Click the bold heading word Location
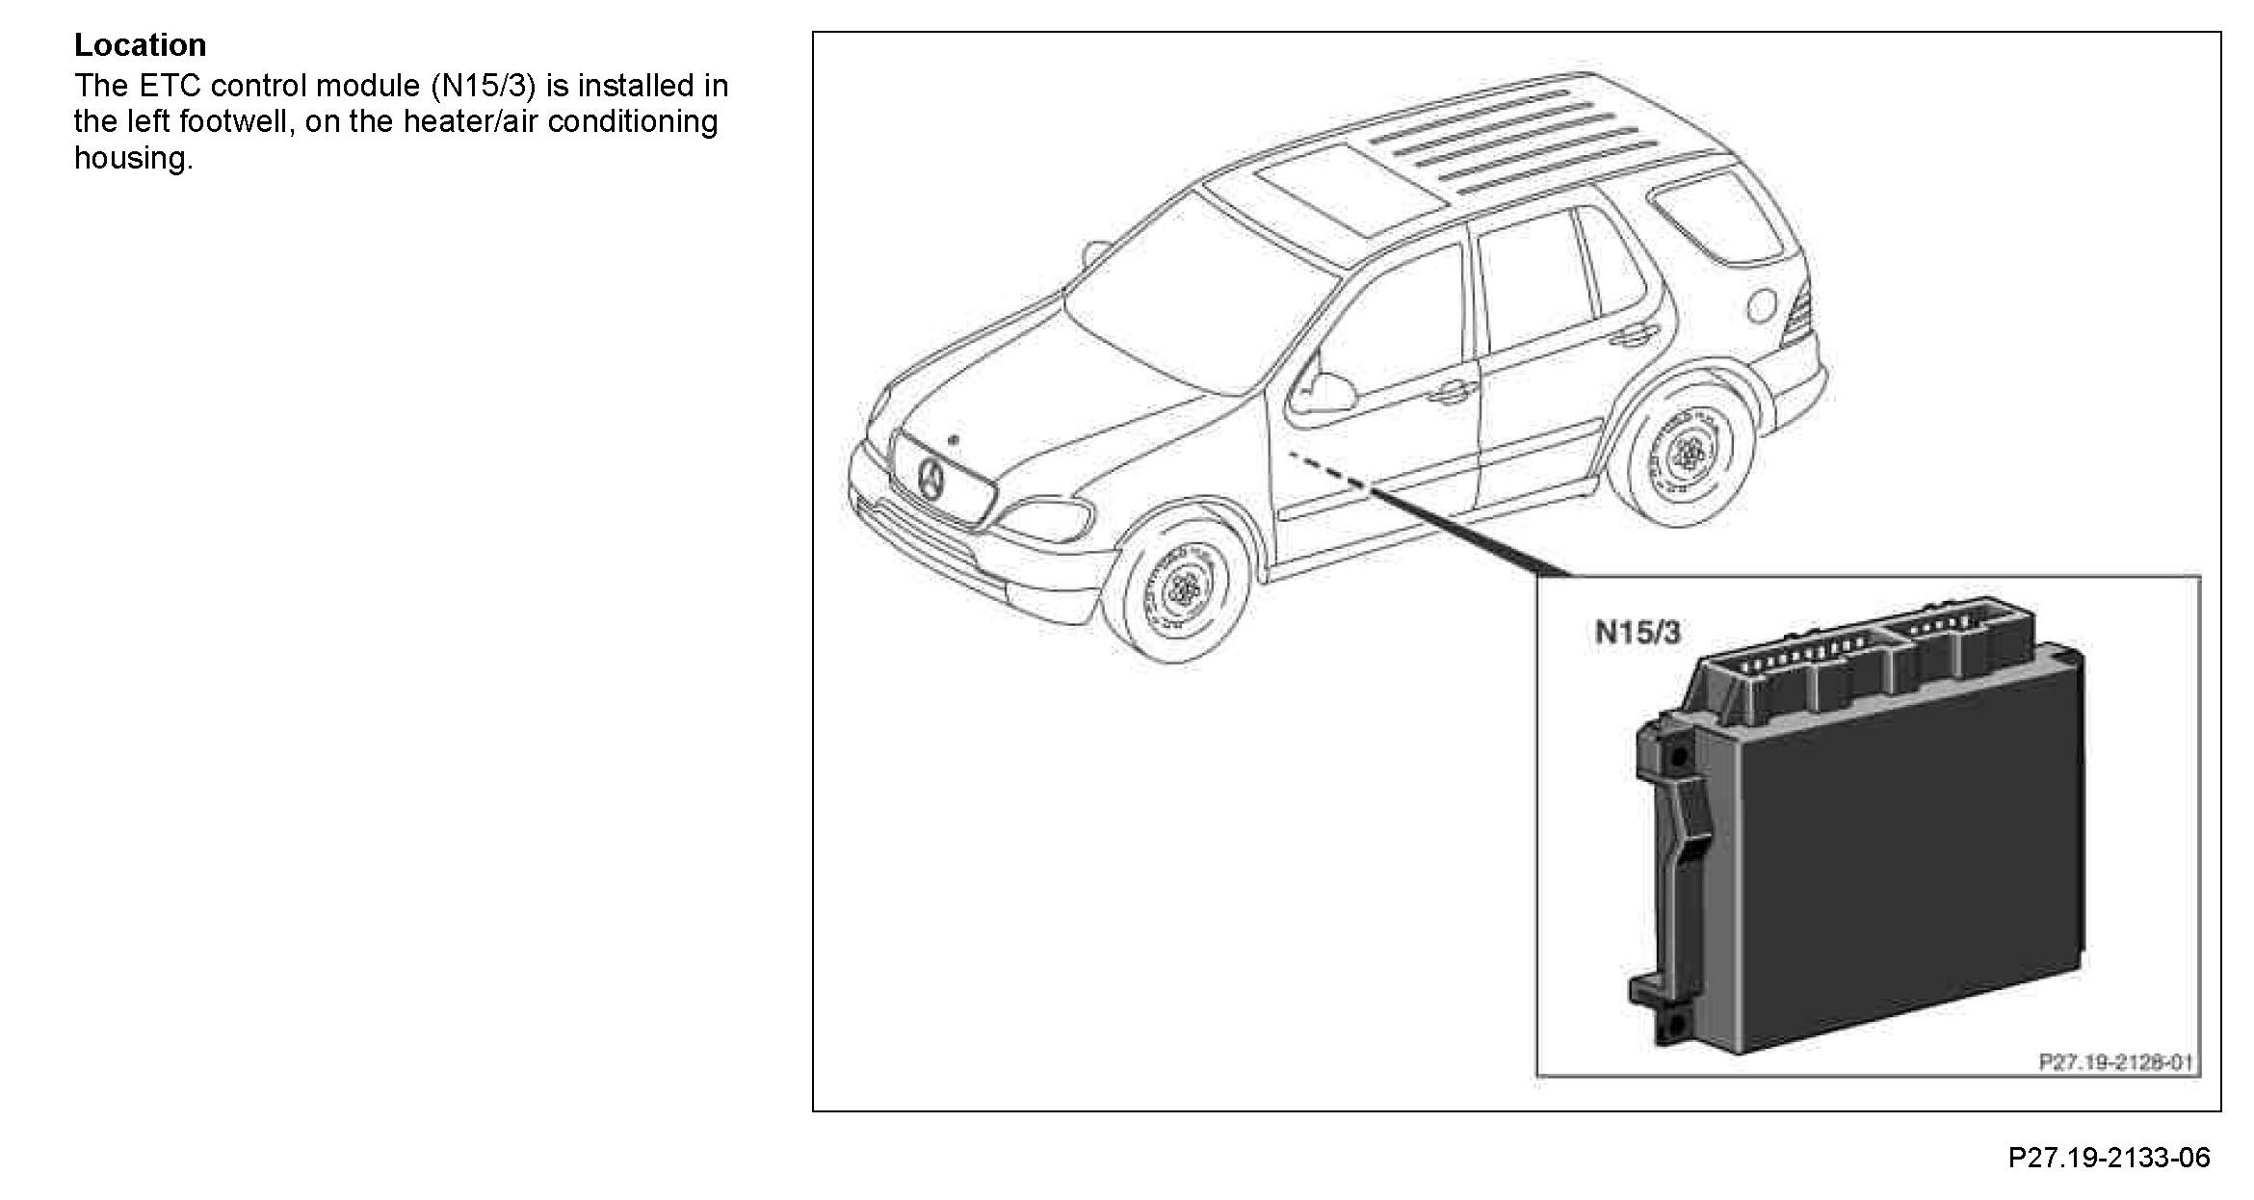(x=140, y=45)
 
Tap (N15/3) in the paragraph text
(x=483, y=86)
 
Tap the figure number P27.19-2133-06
(x=2109, y=1157)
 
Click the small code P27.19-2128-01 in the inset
(x=2115, y=1061)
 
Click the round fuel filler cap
(x=1761, y=304)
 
